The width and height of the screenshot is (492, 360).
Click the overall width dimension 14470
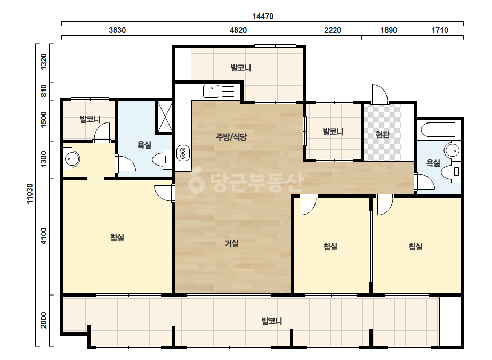[x=263, y=17]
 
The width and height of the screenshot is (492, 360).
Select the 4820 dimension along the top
[x=238, y=30]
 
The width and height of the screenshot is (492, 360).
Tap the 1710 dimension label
[x=440, y=30]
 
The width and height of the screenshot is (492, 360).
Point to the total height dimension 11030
[x=29, y=194]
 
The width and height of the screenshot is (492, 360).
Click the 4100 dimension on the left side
[x=43, y=236]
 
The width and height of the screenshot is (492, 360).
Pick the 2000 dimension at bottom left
[x=43, y=320]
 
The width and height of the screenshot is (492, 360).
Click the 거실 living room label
[x=232, y=243]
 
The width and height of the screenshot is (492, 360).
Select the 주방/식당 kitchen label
[x=231, y=136]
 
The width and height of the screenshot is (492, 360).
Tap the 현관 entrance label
[x=382, y=135]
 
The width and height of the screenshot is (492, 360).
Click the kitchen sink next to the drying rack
[x=211, y=91]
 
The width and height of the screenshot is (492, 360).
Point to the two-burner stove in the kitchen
[x=183, y=153]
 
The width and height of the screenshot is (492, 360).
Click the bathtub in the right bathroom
[x=438, y=130]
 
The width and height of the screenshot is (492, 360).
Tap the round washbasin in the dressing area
[x=72, y=159]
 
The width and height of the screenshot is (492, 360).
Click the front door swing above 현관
[x=380, y=93]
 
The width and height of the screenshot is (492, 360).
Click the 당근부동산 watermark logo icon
[x=196, y=181]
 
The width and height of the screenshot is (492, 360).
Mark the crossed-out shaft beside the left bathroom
[x=164, y=116]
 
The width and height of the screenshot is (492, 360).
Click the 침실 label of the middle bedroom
[x=330, y=246]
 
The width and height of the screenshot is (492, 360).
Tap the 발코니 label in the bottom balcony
[x=272, y=321]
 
